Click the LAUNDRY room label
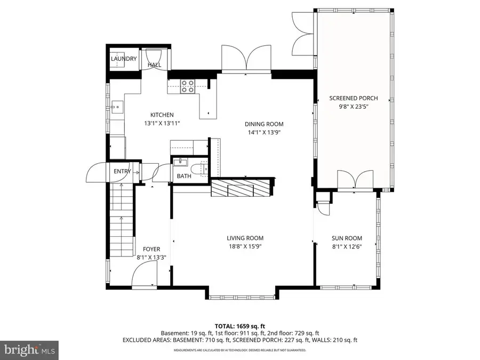[x=124, y=59]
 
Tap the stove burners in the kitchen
[x=187, y=86]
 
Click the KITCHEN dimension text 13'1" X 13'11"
[x=162, y=123]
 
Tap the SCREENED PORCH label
[x=353, y=98]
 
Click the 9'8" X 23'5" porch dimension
[x=353, y=106]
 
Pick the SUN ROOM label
[x=347, y=238]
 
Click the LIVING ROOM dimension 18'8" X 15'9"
[x=245, y=246]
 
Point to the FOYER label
[x=151, y=249]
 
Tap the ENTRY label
[x=122, y=171]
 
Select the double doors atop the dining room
[x=246, y=58]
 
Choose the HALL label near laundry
[x=154, y=65]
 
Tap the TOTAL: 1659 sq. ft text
[x=240, y=325]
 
